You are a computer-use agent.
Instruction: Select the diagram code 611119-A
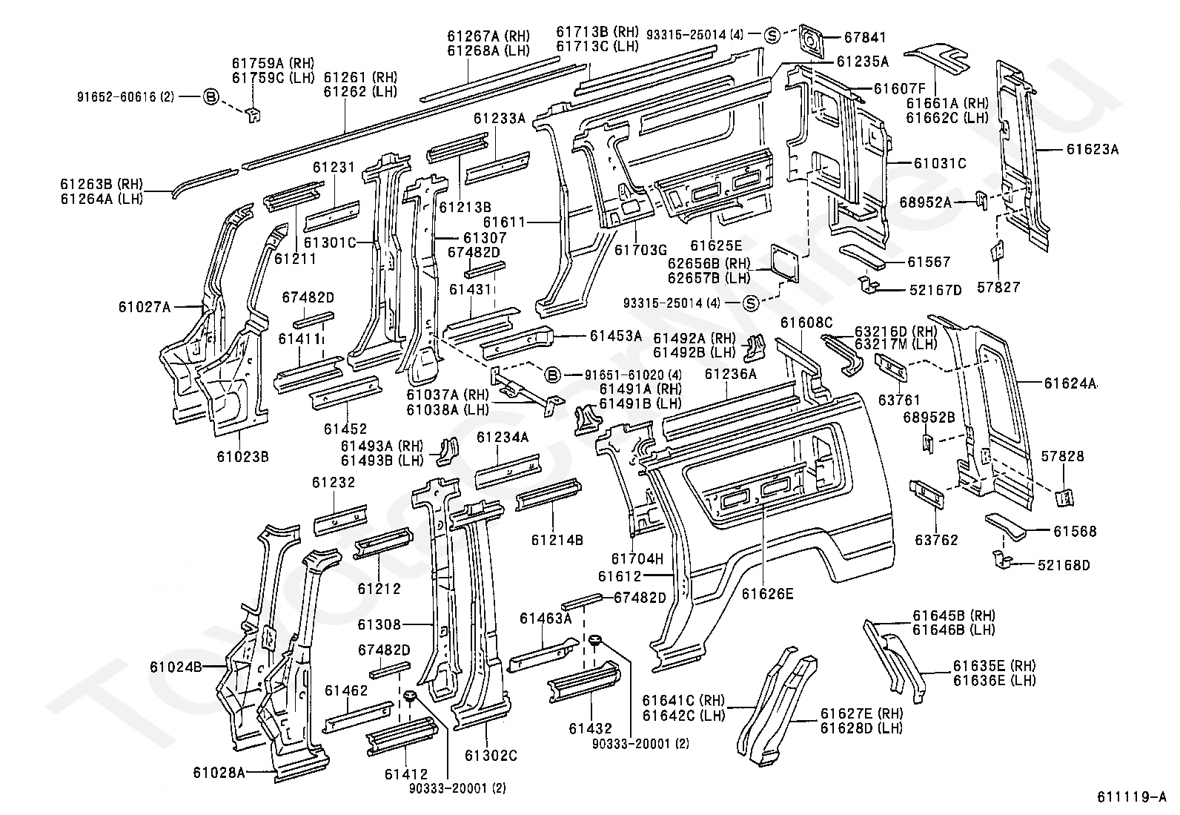click(1132, 799)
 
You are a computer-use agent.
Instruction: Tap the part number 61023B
click(242, 456)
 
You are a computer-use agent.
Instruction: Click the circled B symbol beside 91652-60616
click(211, 96)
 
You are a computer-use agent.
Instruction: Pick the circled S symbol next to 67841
click(772, 34)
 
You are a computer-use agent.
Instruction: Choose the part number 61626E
click(767, 593)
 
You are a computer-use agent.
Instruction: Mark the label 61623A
click(1093, 149)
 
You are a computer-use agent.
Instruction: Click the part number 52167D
click(935, 290)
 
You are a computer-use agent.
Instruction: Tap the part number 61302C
click(491, 756)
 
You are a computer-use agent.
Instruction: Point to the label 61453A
click(616, 336)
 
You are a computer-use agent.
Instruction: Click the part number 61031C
click(939, 164)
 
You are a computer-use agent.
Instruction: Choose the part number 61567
click(929, 262)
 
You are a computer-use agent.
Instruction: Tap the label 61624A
click(1070, 383)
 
